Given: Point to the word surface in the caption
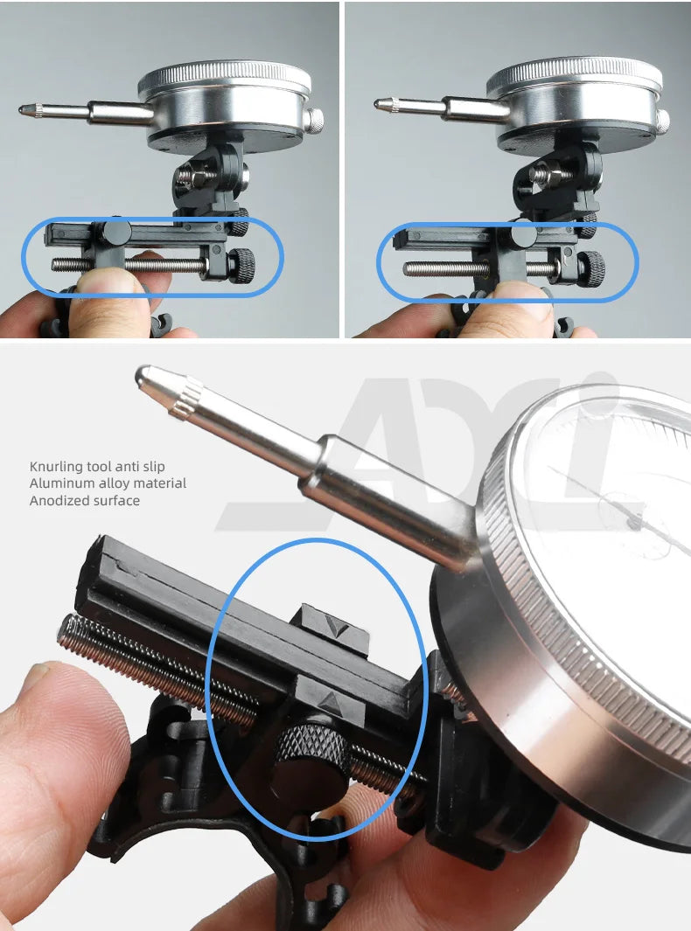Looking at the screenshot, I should click(x=116, y=501).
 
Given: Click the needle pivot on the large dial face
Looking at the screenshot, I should click(x=632, y=522).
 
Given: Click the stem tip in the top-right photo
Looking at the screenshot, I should click(x=379, y=103).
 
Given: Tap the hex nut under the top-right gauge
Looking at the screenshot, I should click(x=539, y=175).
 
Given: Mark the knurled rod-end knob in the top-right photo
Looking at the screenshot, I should click(x=591, y=267).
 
